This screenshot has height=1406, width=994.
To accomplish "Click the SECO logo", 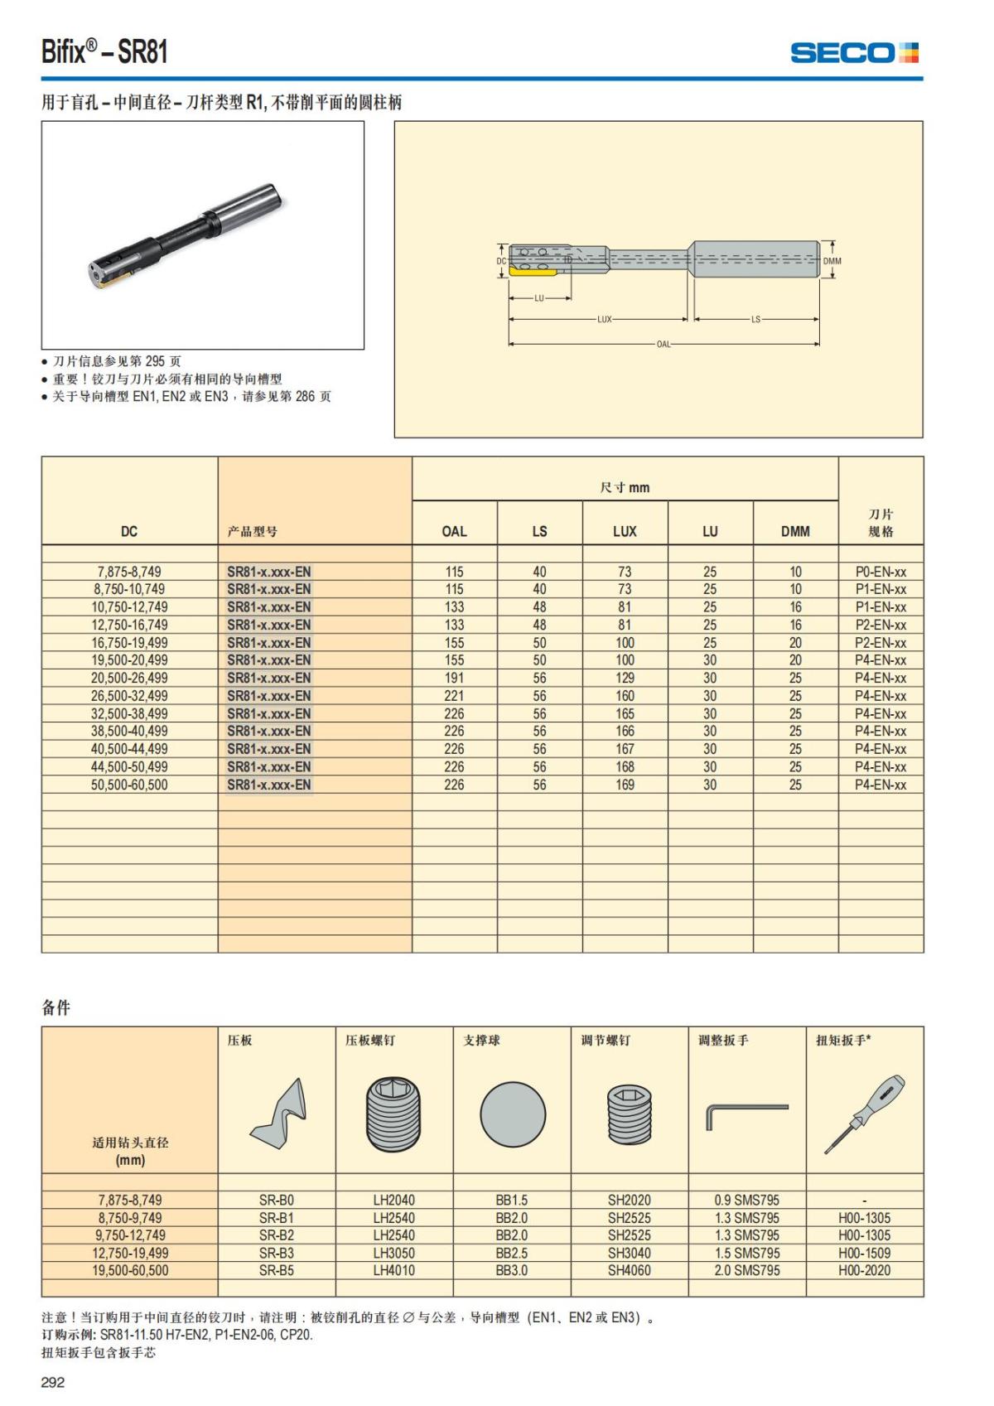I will [854, 53].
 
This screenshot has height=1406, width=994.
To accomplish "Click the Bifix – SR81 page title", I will [104, 51].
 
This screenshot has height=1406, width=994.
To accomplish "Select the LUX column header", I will [625, 531].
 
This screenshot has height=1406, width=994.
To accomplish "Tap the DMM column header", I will [795, 531].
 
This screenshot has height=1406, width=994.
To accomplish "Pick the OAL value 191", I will [454, 678].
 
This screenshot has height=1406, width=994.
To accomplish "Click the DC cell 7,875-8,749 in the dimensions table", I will [129, 572].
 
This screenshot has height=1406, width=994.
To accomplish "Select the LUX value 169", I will [625, 785].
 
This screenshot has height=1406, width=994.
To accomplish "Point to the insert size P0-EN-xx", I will [881, 572].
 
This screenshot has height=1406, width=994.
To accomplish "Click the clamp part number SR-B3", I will [276, 1253].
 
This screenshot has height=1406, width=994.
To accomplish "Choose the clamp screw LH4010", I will [393, 1270].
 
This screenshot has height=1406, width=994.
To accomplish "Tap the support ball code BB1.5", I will [511, 1200].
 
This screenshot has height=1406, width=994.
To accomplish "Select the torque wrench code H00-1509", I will [864, 1253].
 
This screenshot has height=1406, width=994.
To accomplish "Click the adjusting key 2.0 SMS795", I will [746, 1270].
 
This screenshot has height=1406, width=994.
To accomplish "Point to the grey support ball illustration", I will [513, 1114].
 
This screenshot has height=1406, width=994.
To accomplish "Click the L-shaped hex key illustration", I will [745, 1114].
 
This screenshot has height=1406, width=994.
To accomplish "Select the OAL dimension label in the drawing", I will [663, 344].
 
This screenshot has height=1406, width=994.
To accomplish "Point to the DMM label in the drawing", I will [832, 261].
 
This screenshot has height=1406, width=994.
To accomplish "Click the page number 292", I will [53, 1382].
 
